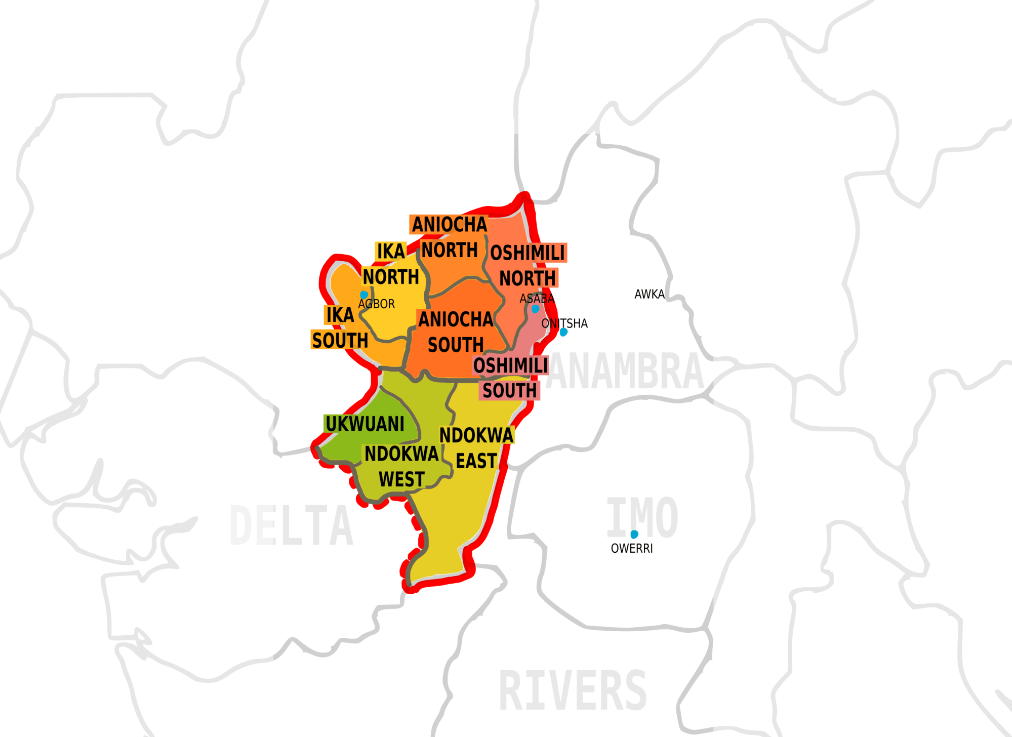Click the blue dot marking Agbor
[364, 295]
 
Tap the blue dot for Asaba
[535, 309]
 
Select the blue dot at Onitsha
[563, 332]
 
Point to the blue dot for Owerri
[634, 534]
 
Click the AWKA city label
[649, 294]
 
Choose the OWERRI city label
[632, 549]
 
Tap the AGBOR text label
[376, 304]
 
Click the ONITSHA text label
[564, 323]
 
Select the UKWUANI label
[365, 424]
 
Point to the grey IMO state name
[642, 517]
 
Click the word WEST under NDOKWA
[402, 479]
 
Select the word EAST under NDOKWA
[476, 461]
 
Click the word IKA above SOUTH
[340, 315]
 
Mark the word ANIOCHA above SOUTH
[456, 319]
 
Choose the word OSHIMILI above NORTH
[528, 253]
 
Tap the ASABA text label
[537, 299]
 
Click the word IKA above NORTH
[391, 251]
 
